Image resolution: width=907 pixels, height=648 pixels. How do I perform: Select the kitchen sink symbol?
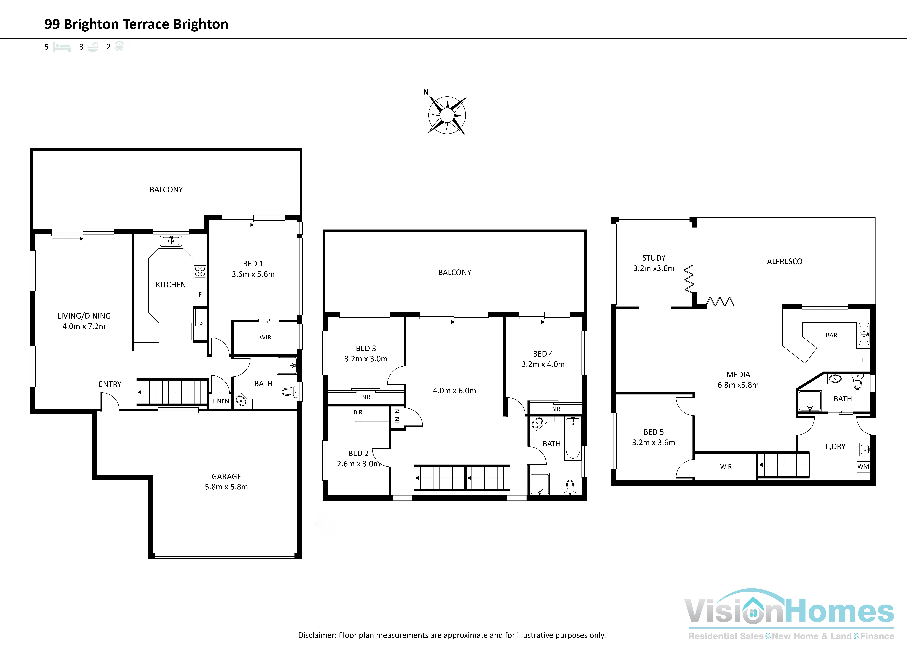pos(171,241)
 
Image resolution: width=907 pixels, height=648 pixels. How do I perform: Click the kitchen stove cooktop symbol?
pos(200,271)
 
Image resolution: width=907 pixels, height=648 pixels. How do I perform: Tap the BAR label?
pos(831,335)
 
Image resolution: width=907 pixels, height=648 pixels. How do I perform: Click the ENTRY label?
pos(110,384)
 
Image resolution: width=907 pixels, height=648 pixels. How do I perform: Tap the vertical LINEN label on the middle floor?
pos(397,417)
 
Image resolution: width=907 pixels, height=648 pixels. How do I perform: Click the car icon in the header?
pos(119,47)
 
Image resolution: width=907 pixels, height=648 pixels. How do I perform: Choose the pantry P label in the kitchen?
pos(201,324)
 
